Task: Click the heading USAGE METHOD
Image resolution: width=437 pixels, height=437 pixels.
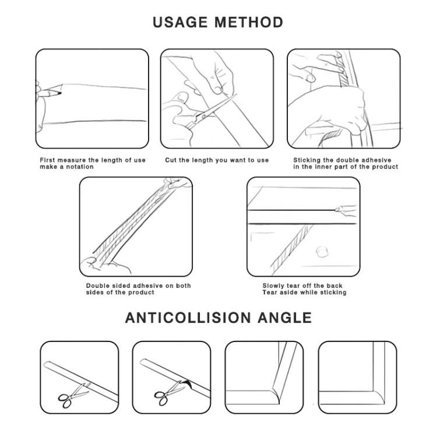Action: [x=218, y=23]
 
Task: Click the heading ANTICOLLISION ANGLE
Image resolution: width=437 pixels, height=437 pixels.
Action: [x=218, y=318]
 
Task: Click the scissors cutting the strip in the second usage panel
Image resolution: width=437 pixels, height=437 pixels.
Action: [x=198, y=116]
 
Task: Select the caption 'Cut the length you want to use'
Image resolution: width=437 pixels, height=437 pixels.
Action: [x=217, y=160]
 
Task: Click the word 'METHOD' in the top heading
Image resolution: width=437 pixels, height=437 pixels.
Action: [x=249, y=23]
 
